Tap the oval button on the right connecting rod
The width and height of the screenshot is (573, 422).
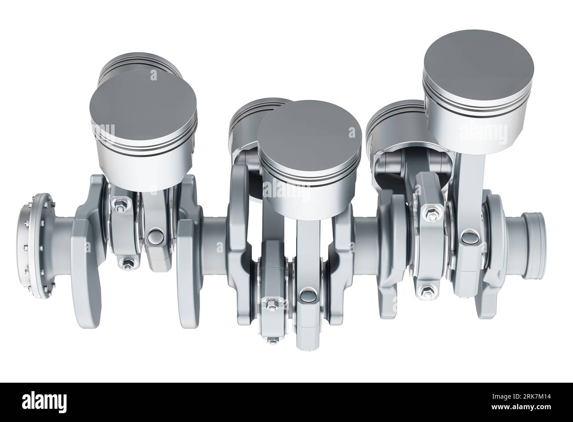468,239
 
